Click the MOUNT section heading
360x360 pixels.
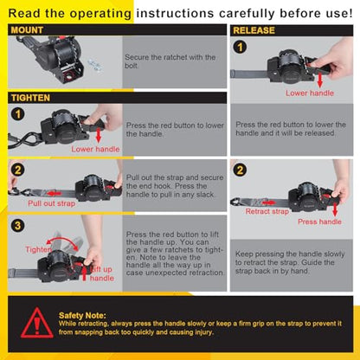[27, 30]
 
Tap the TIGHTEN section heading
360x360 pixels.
[30, 98]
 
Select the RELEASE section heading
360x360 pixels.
[254, 30]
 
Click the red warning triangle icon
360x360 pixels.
[37, 323]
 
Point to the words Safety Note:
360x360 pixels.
[82, 315]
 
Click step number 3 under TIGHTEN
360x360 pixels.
[18, 226]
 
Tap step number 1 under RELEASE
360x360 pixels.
[240, 47]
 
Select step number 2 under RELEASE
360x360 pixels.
[240, 170]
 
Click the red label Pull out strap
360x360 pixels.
[52, 203]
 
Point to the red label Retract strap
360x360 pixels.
[267, 211]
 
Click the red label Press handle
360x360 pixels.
[319, 222]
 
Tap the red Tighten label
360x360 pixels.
[38, 249]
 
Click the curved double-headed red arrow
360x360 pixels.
[62, 241]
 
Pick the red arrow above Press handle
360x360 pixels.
[335, 209]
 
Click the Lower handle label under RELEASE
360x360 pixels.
[310, 93]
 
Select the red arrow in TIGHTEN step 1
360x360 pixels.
[99, 136]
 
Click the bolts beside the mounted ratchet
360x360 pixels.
[94, 65]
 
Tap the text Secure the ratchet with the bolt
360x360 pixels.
[170, 61]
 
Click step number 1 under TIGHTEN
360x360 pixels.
[18, 114]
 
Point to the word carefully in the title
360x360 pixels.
[247, 13]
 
